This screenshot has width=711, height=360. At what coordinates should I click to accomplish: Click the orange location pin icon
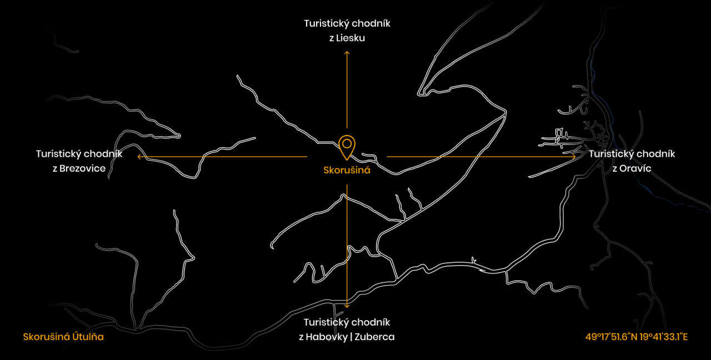tap(347, 147)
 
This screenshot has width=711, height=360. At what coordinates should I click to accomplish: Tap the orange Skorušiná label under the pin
tap(347, 170)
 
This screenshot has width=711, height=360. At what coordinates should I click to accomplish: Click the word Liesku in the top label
tap(351, 38)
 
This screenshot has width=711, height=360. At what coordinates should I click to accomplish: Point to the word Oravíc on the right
tap(635, 168)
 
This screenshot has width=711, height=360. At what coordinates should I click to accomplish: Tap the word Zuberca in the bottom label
tap(374, 337)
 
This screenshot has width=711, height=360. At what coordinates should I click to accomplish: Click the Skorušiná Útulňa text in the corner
tap(63, 337)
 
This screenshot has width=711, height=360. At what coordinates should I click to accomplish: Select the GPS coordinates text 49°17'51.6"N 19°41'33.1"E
tap(637, 337)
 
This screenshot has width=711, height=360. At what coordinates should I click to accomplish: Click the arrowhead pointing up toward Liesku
tap(347, 53)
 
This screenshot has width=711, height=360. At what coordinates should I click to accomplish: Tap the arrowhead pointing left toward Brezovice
tap(139, 157)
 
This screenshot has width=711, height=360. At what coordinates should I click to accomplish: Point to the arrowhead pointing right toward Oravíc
tap(574, 157)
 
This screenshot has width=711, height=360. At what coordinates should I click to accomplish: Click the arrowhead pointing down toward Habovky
tap(347, 306)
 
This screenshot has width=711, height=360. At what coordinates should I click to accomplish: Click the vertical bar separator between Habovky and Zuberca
tap(352, 337)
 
